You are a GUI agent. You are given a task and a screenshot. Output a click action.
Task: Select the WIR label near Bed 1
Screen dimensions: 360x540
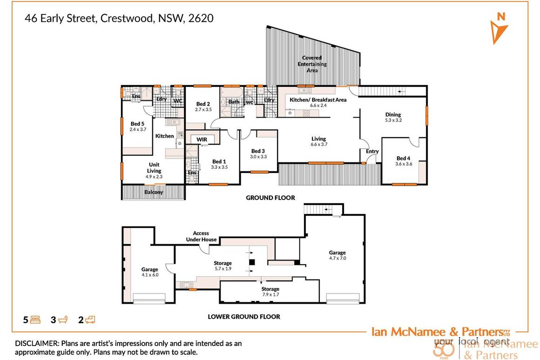(202, 139)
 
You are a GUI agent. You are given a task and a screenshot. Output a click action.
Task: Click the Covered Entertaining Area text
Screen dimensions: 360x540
(312, 64)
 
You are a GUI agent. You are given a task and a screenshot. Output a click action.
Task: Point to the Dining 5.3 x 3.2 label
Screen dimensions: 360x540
(393, 118)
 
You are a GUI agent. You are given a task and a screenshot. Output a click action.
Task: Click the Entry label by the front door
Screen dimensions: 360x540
(372, 151)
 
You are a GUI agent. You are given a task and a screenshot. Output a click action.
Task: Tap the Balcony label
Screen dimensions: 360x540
(154, 192)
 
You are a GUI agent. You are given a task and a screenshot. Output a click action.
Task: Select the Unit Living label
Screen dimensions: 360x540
(154, 167)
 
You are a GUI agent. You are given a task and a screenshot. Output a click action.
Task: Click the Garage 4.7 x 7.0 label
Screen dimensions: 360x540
(337, 254)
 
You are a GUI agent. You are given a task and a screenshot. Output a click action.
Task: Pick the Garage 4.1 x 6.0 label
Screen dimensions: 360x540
(150, 272)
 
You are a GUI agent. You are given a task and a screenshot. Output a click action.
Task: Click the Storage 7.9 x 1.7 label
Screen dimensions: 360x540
(270, 292)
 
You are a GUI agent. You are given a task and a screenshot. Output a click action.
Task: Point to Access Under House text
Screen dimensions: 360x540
(201, 236)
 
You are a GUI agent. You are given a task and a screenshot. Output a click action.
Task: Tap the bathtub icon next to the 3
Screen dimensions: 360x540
(64, 320)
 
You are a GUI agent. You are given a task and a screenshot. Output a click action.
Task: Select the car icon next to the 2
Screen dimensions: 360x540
(90, 320)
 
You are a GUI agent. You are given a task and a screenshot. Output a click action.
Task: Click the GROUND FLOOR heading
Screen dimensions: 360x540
(270, 198)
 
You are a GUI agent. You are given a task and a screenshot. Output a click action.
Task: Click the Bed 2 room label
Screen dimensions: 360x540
(203, 107)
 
